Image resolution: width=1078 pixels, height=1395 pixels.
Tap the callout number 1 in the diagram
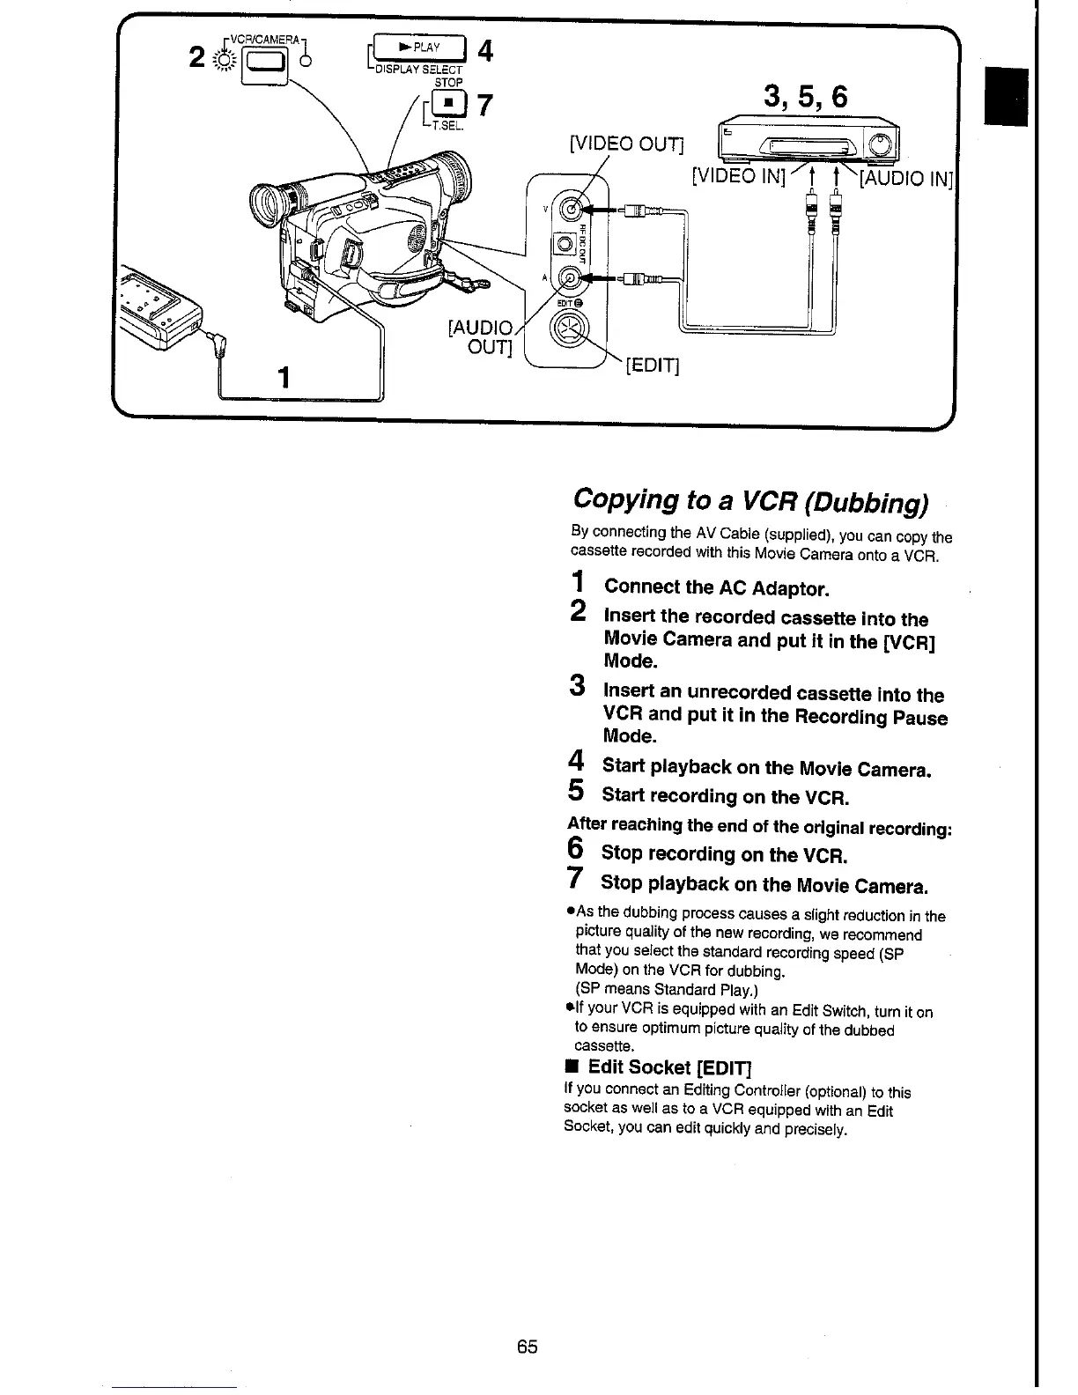[284, 378]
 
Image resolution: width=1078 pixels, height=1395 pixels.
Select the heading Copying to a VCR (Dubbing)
[749, 499]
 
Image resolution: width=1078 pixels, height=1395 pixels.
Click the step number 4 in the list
[576, 761]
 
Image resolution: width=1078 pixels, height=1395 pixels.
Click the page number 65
[528, 1347]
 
